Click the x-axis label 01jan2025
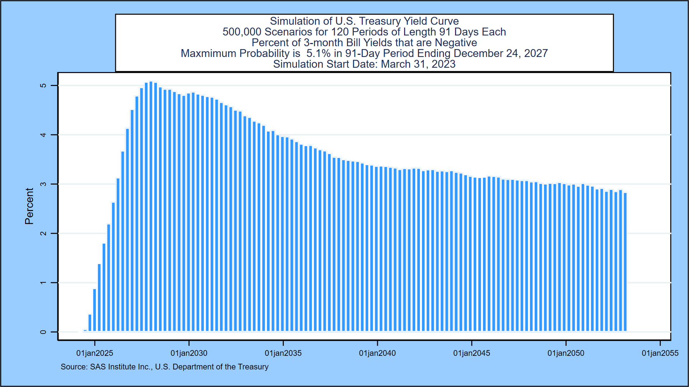[94, 353]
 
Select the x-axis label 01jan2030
[189, 353]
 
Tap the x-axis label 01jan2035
[283, 353]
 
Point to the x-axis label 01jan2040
[377, 353]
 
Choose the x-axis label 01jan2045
[472, 353]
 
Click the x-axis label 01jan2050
[566, 353]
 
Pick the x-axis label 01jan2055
[660, 353]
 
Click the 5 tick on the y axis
[43, 85]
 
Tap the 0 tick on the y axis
[43, 332]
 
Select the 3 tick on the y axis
[43, 184]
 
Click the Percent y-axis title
[29, 206]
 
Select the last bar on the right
[625, 262]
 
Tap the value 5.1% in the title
[318, 53]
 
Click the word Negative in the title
[456, 43]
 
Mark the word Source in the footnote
[74, 367]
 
